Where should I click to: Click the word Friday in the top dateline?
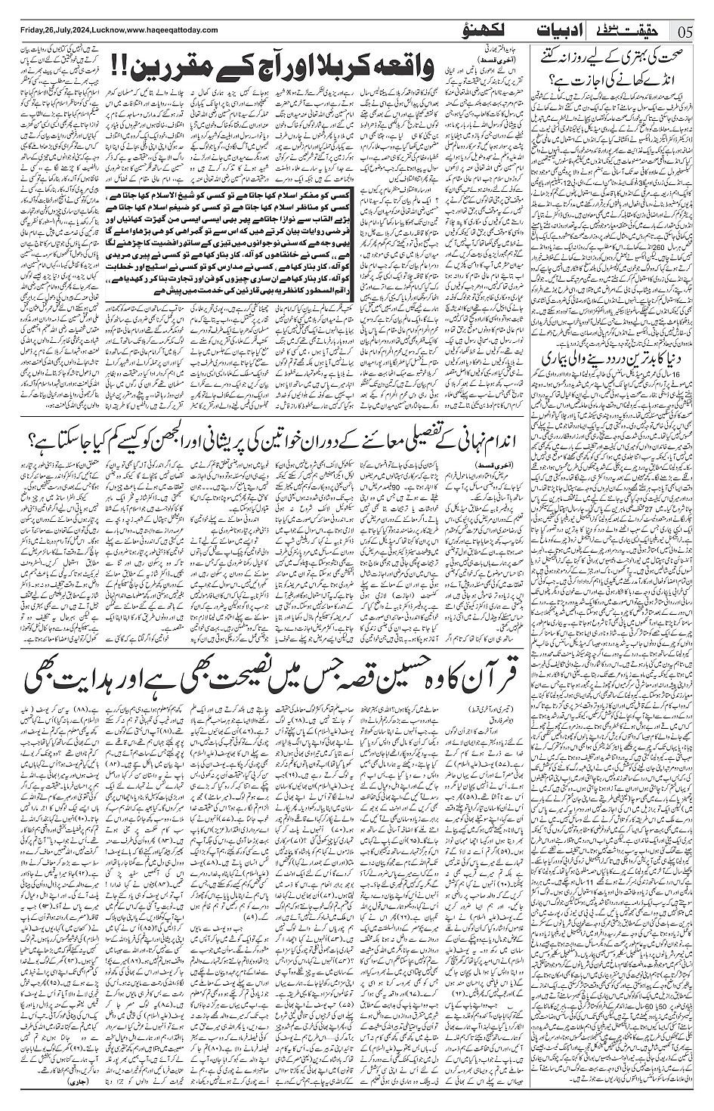click(x=17, y=30)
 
